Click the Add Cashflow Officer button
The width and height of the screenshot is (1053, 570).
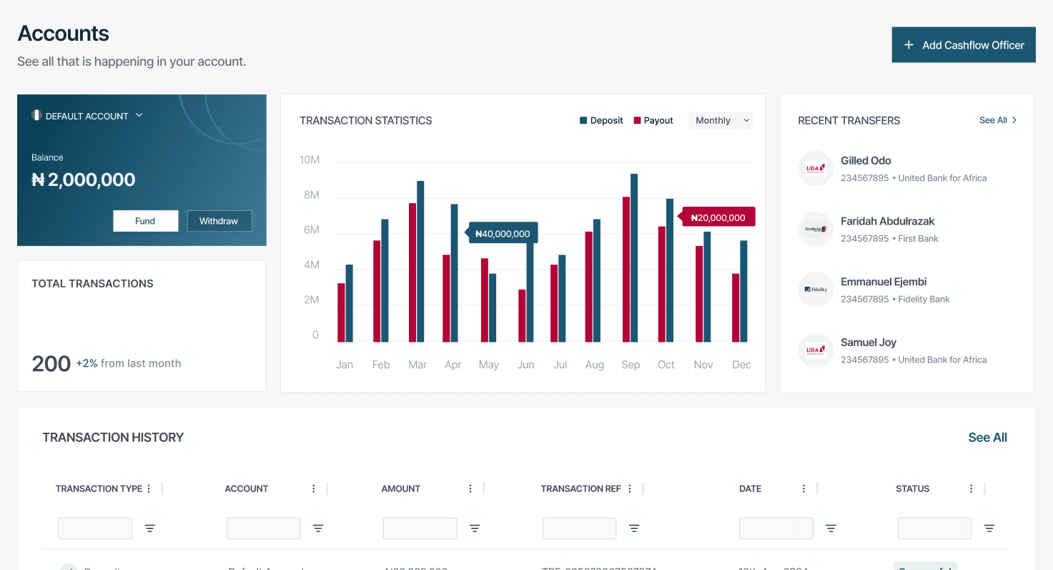963,45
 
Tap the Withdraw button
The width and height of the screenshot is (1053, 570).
219,221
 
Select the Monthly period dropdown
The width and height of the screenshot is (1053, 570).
721,121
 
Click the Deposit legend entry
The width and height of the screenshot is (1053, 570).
601,121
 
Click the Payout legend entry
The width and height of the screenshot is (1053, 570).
653,121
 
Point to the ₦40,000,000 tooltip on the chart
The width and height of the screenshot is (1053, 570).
503,234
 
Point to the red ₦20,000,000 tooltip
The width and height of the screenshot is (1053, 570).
718,218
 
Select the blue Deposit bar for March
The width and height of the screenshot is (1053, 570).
420,261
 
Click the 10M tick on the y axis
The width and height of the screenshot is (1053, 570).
310,159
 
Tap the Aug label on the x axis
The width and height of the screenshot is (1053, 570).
595,365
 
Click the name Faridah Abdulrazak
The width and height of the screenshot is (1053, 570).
887,221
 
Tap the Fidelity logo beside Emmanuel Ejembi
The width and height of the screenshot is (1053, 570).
816,290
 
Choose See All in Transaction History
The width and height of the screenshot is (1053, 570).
987,438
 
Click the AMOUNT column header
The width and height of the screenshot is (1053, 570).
401,489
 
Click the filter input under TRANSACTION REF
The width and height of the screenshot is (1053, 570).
579,529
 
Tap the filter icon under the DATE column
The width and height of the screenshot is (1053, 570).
831,529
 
